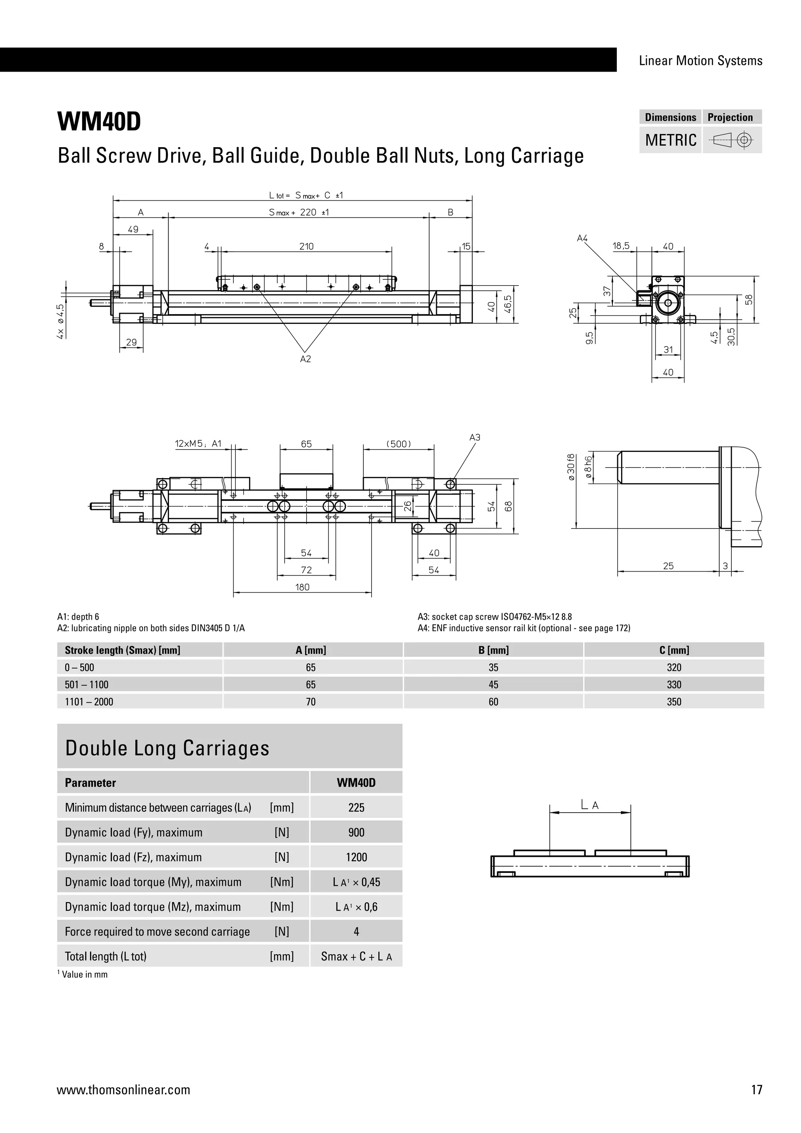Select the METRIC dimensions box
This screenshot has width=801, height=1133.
pos(670,140)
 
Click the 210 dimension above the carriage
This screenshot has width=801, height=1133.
pos(306,246)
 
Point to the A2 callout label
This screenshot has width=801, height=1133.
pos(305,359)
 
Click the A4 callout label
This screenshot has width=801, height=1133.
pos(582,238)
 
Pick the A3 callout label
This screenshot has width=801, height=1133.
pos(474,437)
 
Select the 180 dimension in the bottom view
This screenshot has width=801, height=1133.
pos(302,587)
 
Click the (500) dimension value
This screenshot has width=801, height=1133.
pos(399,444)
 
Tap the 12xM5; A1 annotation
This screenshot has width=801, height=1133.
pos(198,444)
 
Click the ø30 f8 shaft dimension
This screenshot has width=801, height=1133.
pos(571,467)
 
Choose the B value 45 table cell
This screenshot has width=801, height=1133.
pos(493,684)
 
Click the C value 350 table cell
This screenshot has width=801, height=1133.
pos(674,702)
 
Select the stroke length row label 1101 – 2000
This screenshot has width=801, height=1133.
pos(89,702)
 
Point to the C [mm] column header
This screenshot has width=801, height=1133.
pos(674,650)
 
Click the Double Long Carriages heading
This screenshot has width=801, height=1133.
pos(167,748)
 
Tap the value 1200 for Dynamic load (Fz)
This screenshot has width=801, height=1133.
pos(356,857)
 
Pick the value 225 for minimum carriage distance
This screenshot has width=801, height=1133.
pos(356,808)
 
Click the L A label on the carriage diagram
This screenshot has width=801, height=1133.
pos(590,805)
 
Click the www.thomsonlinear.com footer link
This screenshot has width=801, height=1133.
pos(123,1090)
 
